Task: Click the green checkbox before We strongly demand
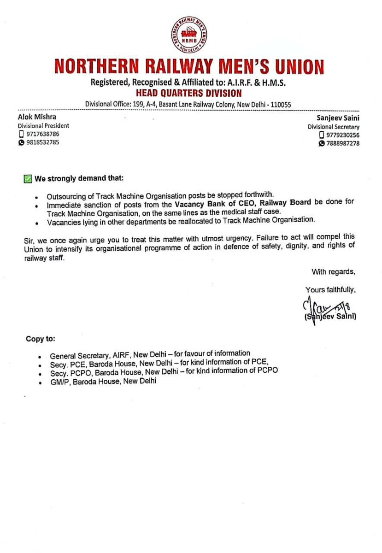click(x=28, y=178)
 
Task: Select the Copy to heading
click(x=40, y=339)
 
